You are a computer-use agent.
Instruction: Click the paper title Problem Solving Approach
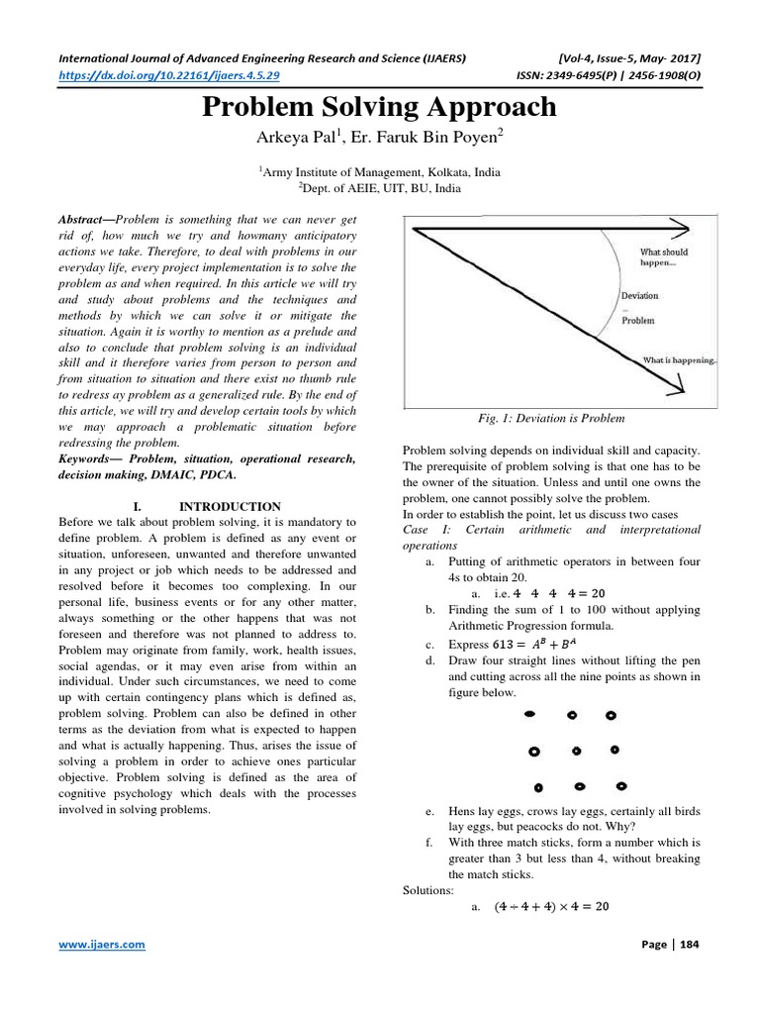[x=379, y=107]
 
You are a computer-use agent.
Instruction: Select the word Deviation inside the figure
[x=639, y=295]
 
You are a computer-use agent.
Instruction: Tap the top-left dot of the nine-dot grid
[x=529, y=712]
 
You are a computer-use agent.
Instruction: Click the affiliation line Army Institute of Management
[x=379, y=172]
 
